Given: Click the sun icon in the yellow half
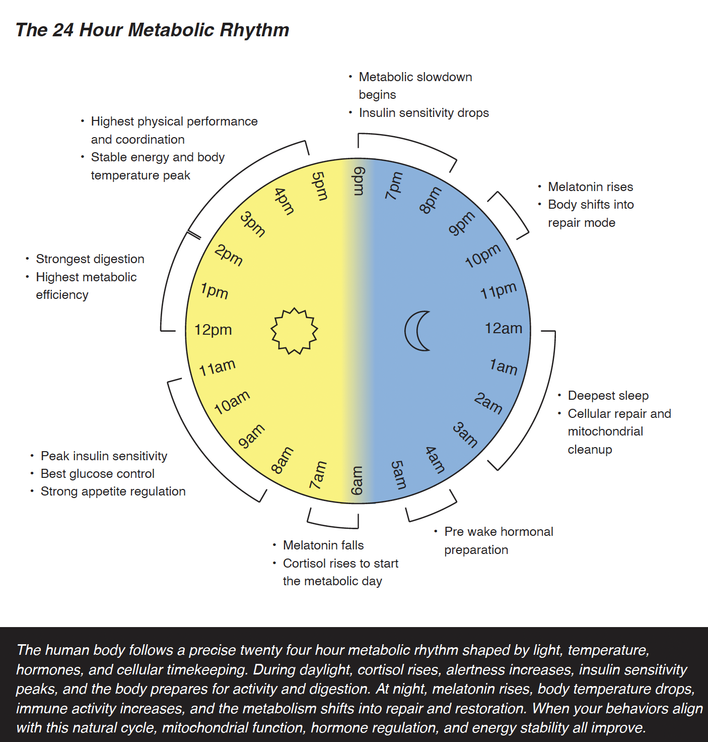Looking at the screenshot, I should pos(295,331).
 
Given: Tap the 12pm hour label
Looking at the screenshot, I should pos(213,330).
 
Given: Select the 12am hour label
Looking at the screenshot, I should pos(503,329).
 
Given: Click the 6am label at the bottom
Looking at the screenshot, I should pos(357,480).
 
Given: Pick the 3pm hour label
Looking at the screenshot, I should pos(252,224).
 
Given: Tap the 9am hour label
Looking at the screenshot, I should pos(251,436).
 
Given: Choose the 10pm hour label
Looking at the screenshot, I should pos(482,256).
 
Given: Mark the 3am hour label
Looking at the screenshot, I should pos(465,435).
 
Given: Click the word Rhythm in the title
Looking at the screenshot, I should pos(254,30).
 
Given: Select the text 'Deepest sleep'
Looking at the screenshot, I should pos(608,396).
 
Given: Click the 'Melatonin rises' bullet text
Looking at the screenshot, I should pos(590,187).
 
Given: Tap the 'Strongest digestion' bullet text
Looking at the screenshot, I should pos(90,259).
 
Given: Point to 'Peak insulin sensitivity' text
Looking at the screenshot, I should pos(104,456).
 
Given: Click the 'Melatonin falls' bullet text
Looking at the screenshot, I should pos(323,545).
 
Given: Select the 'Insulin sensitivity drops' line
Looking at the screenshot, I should pos(423,113).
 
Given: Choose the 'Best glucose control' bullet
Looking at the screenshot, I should pos(97,474).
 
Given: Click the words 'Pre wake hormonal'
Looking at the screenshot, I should pos(499,532).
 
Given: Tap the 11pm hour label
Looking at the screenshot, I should pos(498,291).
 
